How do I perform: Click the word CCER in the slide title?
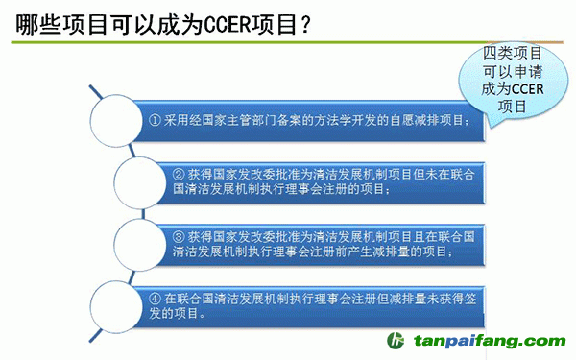pyautogui.click(x=231, y=23)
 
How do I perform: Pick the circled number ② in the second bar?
pyautogui.click(x=179, y=174)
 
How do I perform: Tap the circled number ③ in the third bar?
pyautogui.click(x=179, y=234)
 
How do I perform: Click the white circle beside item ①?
pyautogui.click(x=114, y=121)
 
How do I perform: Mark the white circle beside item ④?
pyautogui.click(x=114, y=299)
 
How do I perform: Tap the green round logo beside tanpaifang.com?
pyautogui.click(x=395, y=341)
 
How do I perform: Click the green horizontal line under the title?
pyautogui.click(x=288, y=44)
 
